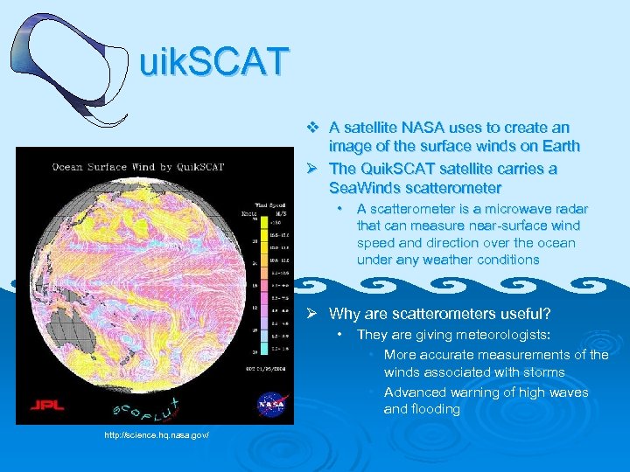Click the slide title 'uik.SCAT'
213,62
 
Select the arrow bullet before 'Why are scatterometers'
313,314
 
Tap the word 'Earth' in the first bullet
559,146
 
